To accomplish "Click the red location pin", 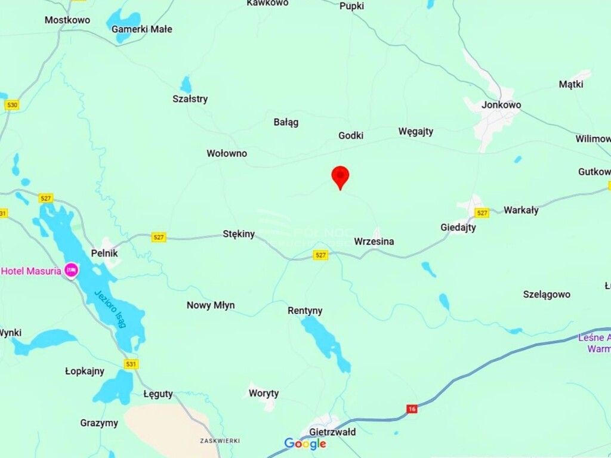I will pyautogui.click(x=340, y=177).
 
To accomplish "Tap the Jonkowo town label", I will pyautogui.click(x=502, y=105).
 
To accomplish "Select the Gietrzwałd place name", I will pyautogui.click(x=332, y=432).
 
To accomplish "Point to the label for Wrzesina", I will pyautogui.click(x=374, y=242).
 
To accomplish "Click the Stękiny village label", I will pyautogui.click(x=239, y=234).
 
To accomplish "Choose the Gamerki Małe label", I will pyautogui.click(x=142, y=29).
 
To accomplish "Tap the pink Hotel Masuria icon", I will pyautogui.click(x=71, y=271).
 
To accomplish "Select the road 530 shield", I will pyautogui.click(x=12, y=105).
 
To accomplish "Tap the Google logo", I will pyautogui.click(x=305, y=444).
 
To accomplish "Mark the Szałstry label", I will pyautogui.click(x=190, y=99).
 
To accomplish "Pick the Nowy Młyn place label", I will pyautogui.click(x=211, y=305).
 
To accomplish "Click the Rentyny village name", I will pyautogui.click(x=305, y=311).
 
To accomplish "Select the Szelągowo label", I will pyautogui.click(x=547, y=294).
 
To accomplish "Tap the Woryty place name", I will pyautogui.click(x=264, y=394).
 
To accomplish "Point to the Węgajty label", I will pyautogui.click(x=416, y=131).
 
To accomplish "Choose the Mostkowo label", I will pyautogui.click(x=67, y=20).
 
